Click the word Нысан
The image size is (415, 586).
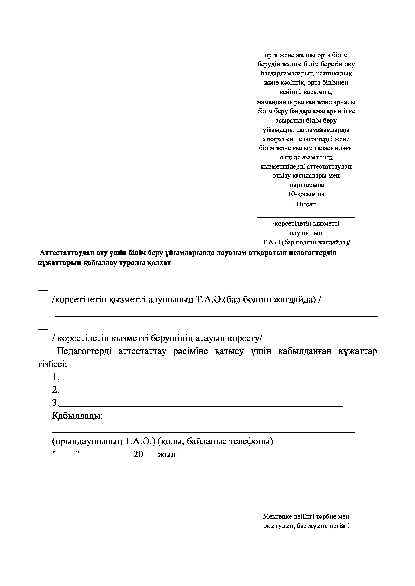306,204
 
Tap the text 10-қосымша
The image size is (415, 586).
306,194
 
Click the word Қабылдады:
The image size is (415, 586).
78,416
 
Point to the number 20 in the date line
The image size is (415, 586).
138,454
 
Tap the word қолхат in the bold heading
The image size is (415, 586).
159,263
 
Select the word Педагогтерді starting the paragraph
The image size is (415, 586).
84,351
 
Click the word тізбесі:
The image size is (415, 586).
52,364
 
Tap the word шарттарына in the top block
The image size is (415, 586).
306,185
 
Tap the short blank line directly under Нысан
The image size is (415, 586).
306,217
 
